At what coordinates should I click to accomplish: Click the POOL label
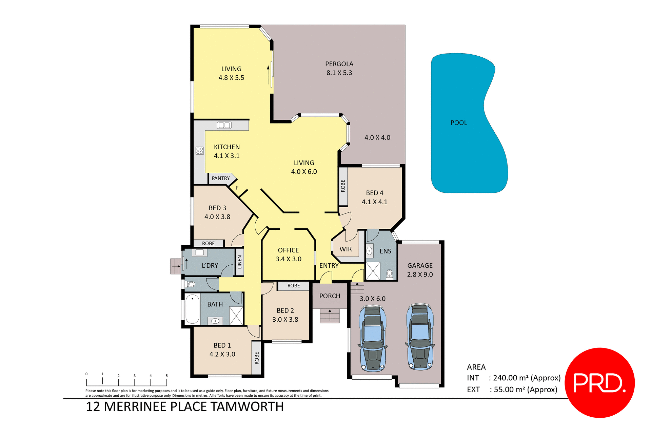click(x=458, y=123)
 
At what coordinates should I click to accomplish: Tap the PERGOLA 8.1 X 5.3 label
click(x=339, y=68)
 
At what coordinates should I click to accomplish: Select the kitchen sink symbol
click(x=224, y=125)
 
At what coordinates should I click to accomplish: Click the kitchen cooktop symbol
click(x=200, y=151)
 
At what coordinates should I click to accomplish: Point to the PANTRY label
click(x=221, y=178)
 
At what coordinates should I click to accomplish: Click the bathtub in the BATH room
click(x=192, y=309)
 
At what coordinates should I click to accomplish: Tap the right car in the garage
click(x=420, y=337)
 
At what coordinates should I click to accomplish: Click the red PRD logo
click(x=599, y=383)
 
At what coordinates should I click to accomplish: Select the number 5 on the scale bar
click(x=166, y=376)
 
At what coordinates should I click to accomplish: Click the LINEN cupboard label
click(x=240, y=262)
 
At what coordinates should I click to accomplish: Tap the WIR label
click(x=346, y=249)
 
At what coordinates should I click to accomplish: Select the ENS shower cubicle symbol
click(x=373, y=271)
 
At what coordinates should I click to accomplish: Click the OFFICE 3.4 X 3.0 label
click(x=288, y=254)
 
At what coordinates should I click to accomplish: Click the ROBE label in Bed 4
click(x=343, y=186)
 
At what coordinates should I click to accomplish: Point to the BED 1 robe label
click(x=257, y=358)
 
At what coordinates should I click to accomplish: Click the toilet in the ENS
click(x=390, y=273)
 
